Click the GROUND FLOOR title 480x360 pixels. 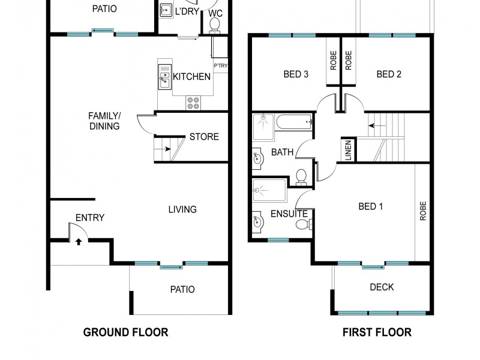(x=125, y=332)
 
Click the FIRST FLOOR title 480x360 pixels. (x=377, y=332)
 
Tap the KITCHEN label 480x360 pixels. (x=191, y=77)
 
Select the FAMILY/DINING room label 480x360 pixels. (x=104, y=121)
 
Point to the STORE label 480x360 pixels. (x=204, y=137)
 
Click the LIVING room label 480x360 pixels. (x=182, y=209)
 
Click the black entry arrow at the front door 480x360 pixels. (x=79, y=242)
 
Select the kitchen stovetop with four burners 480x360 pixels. (x=193, y=103)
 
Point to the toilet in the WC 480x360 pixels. (x=214, y=24)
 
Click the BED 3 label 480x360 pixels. (x=296, y=74)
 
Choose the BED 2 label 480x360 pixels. (x=389, y=74)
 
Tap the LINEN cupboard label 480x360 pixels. (x=348, y=150)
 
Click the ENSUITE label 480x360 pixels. (x=289, y=214)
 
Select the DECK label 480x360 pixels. (x=382, y=287)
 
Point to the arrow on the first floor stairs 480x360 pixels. (x=377, y=126)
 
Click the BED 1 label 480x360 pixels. (x=370, y=206)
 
